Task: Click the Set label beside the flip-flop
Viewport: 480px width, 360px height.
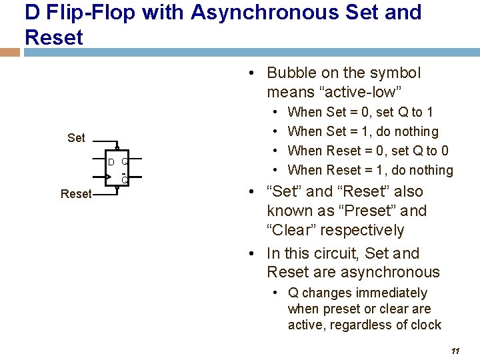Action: [x=76, y=138]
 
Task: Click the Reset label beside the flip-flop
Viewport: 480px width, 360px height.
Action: [x=75, y=194]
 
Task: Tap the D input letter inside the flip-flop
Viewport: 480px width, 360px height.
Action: [x=111, y=162]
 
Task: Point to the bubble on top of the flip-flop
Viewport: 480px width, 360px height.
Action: [x=117, y=147]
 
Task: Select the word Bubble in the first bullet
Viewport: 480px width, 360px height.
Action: [x=292, y=73]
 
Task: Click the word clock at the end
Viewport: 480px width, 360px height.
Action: [x=427, y=325]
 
